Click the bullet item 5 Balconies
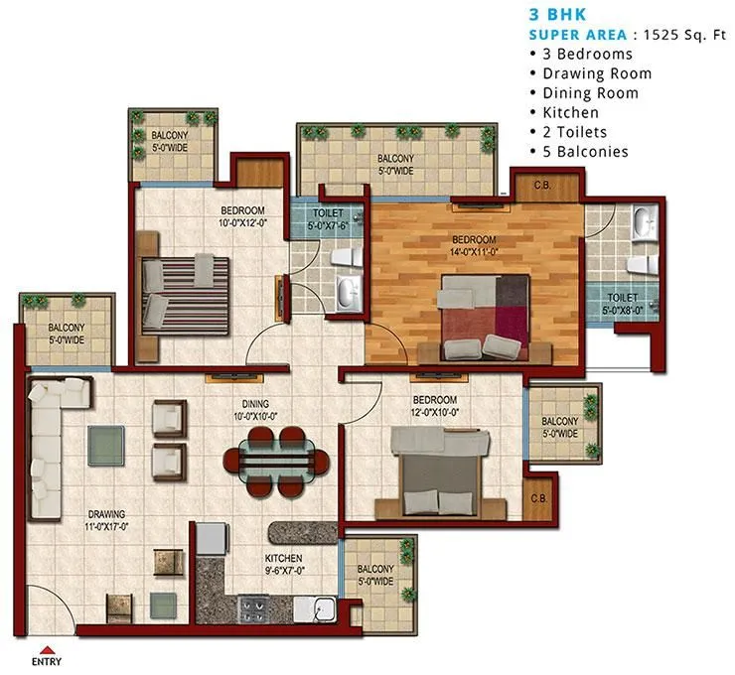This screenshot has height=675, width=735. pyautogui.click(x=586, y=152)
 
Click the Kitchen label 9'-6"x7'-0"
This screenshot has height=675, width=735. pyautogui.click(x=283, y=565)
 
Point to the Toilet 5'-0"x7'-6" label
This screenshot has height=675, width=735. pyautogui.click(x=328, y=218)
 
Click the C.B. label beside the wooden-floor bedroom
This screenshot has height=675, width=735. pyautogui.click(x=542, y=185)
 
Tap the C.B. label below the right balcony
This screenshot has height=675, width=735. pyautogui.click(x=539, y=498)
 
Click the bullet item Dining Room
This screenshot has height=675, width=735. pyautogui.click(x=590, y=93)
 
